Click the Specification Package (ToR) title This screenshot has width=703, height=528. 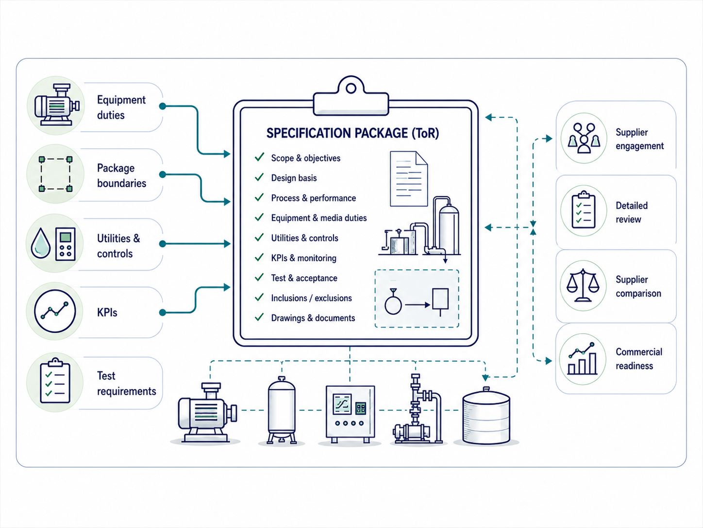[x=352, y=133]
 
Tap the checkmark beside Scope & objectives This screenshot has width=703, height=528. [x=259, y=157]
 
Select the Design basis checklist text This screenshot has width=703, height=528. [x=294, y=178]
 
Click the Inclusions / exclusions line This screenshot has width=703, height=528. [x=311, y=298]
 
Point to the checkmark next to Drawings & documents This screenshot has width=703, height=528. [x=259, y=317]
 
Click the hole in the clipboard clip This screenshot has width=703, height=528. [x=351, y=88]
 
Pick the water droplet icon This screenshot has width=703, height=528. [x=40, y=243]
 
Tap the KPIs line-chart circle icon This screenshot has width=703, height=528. [x=55, y=311]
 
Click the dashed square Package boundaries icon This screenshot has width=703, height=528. [x=55, y=174]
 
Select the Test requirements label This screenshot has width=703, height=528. [x=127, y=384]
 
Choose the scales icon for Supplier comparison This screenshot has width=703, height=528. [x=583, y=285]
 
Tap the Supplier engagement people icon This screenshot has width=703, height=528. [x=584, y=138]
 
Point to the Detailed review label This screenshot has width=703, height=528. [x=632, y=212]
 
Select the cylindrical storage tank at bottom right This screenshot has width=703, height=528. [x=486, y=416]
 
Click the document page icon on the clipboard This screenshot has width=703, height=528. [x=409, y=178]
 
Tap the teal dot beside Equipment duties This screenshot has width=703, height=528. [x=163, y=106]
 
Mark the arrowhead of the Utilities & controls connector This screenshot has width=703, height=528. [x=227, y=244]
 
